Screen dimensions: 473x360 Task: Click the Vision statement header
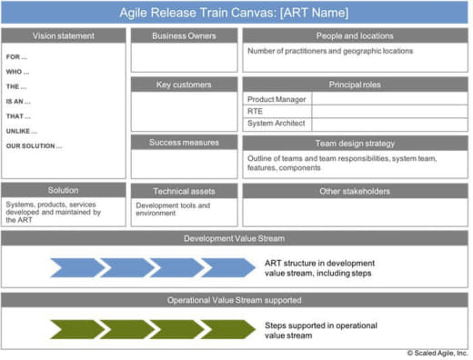(64, 35)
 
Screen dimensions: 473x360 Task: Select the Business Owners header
(184, 35)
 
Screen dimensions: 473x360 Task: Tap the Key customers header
(184, 85)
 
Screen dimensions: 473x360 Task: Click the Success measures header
(184, 143)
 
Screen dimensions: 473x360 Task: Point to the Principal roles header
(355, 85)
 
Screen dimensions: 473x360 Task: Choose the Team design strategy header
(355, 144)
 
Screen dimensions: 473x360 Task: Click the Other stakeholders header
(355, 191)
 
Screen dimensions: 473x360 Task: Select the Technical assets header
(184, 191)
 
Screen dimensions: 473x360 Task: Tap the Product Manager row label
(277, 99)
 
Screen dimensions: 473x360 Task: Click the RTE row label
(255, 111)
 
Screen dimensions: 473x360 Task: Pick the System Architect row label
(277, 123)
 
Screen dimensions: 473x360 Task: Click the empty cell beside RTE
(389, 111)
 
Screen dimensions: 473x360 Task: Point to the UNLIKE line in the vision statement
(22, 131)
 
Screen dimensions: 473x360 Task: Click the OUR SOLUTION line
(34, 146)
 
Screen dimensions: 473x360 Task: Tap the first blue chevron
(77, 267)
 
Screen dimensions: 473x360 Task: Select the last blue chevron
(228, 267)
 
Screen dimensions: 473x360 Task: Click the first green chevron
(77, 329)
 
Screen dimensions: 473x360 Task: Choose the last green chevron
(228, 329)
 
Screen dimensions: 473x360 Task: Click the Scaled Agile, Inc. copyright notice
(438, 353)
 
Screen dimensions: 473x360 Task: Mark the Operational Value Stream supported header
(235, 300)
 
